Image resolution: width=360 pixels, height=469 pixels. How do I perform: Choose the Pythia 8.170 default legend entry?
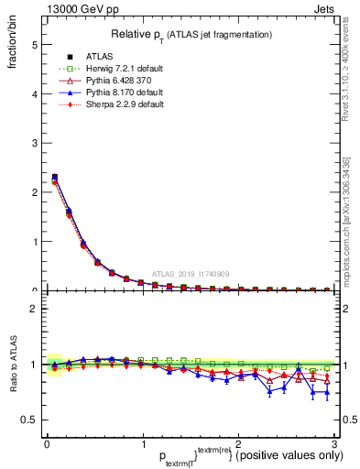point(112,93)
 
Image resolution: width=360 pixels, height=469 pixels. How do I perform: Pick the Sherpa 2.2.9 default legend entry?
point(111,104)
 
